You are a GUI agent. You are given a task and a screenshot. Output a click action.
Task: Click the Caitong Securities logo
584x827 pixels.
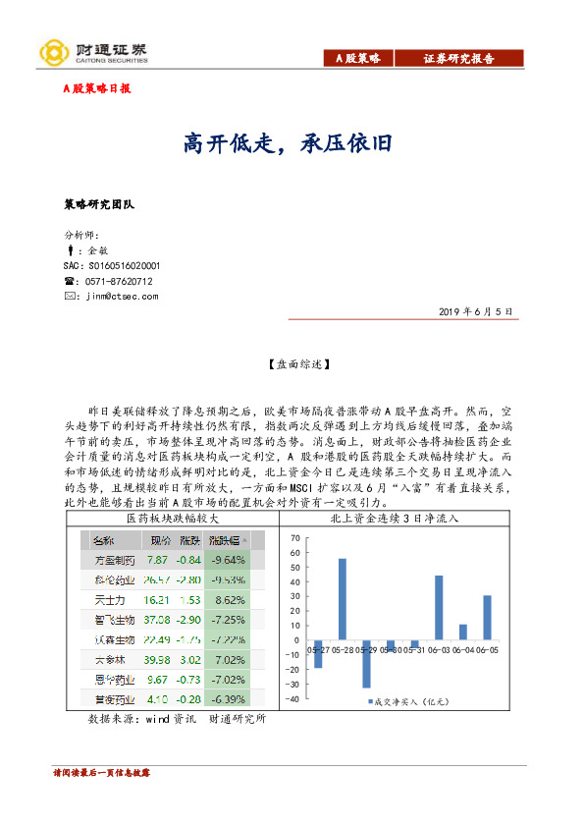[93, 52]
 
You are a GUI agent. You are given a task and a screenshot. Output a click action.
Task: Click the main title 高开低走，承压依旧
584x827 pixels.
[289, 143]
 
